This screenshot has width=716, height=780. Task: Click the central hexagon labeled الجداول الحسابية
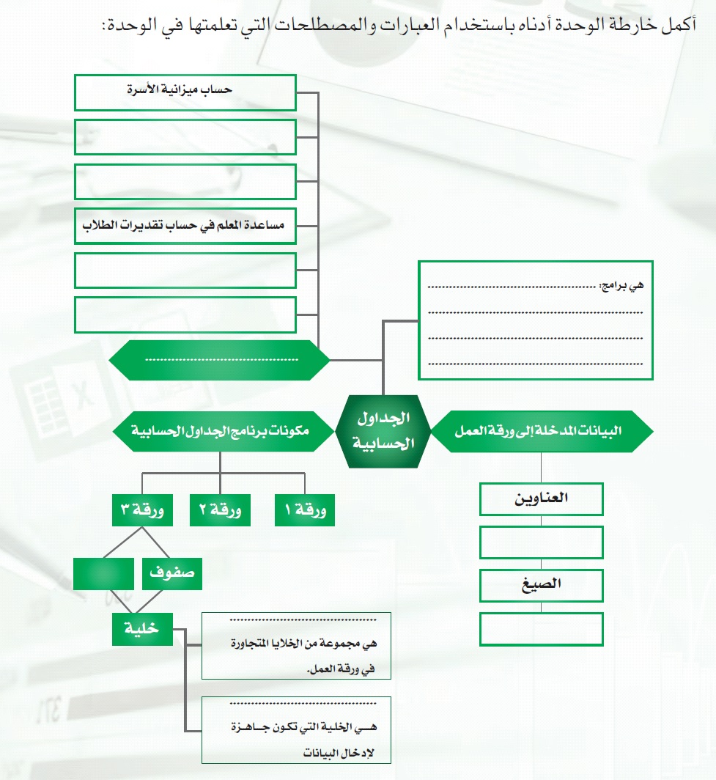[383, 431]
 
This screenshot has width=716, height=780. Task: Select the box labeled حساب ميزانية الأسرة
[185, 92]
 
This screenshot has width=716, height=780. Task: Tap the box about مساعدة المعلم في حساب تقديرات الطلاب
[185, 226]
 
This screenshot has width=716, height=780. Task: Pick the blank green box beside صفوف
[103, 574]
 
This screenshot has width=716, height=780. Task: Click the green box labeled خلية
[142, 630]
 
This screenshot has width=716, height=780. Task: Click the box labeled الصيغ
[541, 585]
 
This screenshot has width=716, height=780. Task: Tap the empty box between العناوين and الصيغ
[541, 542]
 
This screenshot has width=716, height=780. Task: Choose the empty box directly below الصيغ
[541, 629]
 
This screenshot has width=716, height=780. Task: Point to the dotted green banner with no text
[220, 360]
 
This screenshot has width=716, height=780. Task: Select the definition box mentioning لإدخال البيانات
[296, 730]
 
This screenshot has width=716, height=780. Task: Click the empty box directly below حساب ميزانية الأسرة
[185, 136]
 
